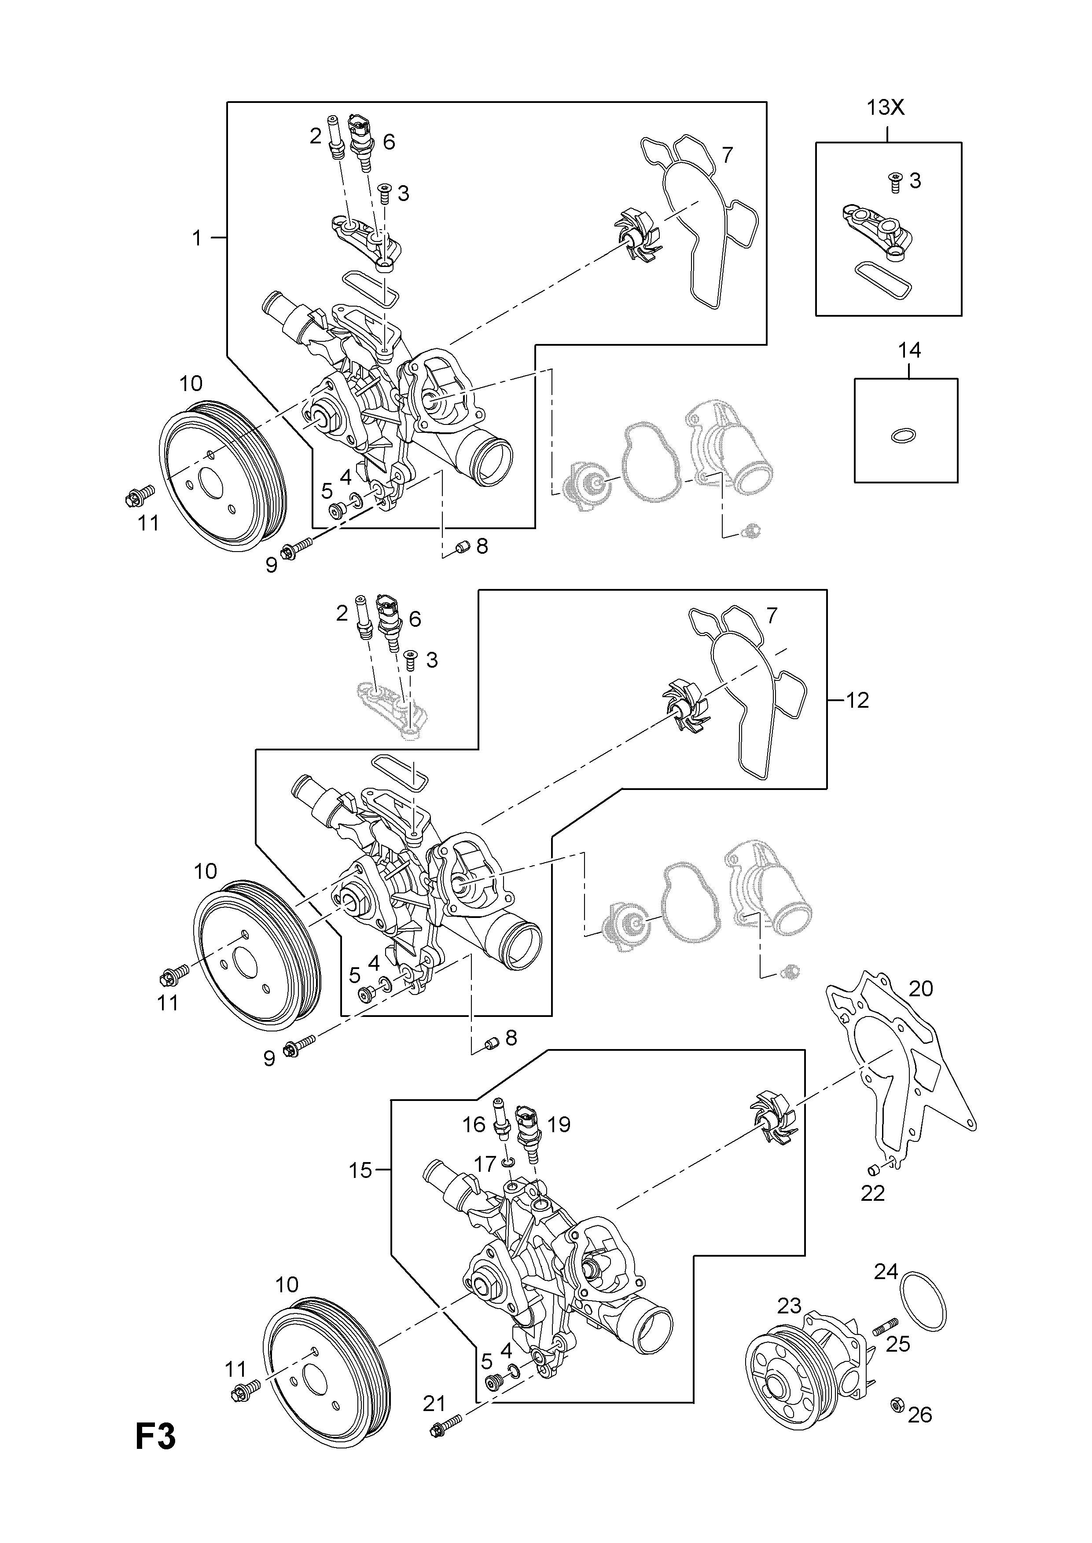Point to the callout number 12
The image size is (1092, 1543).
(857, 700)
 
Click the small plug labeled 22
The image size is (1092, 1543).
(875, 1166)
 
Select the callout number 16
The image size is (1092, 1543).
(474, 1124)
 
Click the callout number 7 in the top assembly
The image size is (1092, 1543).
(727, 155)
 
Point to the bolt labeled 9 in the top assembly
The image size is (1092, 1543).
(297, 550)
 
